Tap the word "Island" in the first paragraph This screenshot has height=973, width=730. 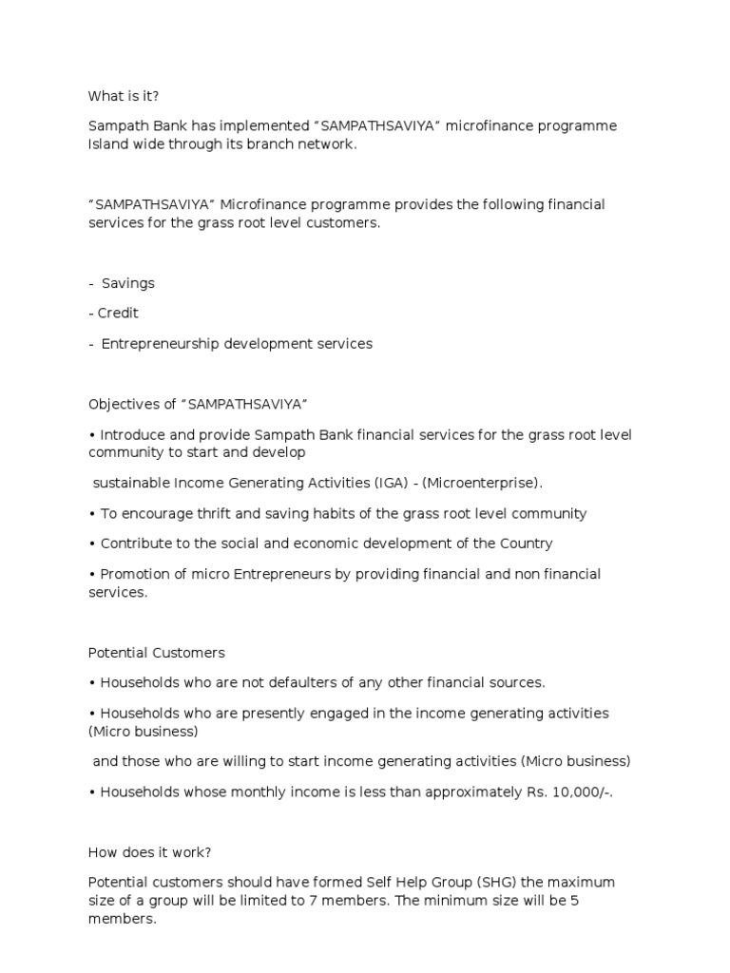click(x=107, y=143)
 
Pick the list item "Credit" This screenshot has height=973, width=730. click(x=118, y=313)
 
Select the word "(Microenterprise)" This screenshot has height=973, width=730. click(x=483, y=483)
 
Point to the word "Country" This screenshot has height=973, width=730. click(x=524, y=544)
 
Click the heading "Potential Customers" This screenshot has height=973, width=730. click(x=156, y=653)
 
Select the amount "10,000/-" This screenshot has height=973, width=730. click(x=580, y=792)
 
